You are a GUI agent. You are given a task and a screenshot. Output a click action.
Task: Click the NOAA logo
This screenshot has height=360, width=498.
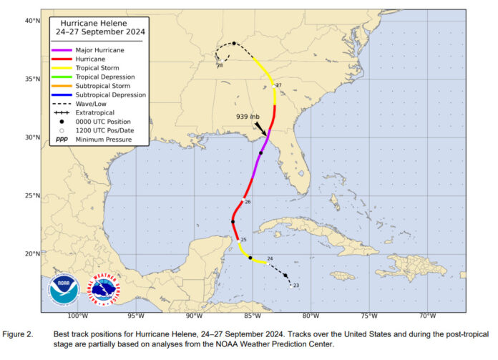click(64, 289)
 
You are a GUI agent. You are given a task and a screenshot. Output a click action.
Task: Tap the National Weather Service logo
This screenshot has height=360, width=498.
click(105, 289)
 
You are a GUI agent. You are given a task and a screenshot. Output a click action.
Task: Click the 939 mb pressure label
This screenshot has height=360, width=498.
click(248, 116)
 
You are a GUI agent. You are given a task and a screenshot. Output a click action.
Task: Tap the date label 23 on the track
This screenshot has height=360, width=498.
click(296, 286)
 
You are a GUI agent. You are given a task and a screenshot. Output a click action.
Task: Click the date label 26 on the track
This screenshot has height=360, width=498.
click(248, 203)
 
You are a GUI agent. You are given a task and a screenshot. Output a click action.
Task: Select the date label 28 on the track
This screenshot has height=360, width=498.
click(220, 66)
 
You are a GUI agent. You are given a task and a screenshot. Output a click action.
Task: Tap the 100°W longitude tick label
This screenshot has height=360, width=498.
click(77, 316)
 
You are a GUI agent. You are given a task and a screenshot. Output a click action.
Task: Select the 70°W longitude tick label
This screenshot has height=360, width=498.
click(427, 316)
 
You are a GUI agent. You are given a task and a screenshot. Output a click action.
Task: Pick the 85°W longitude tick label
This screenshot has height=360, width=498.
click(252, 316)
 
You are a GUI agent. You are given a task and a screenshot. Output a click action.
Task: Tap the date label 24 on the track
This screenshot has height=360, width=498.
click(270, 258)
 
